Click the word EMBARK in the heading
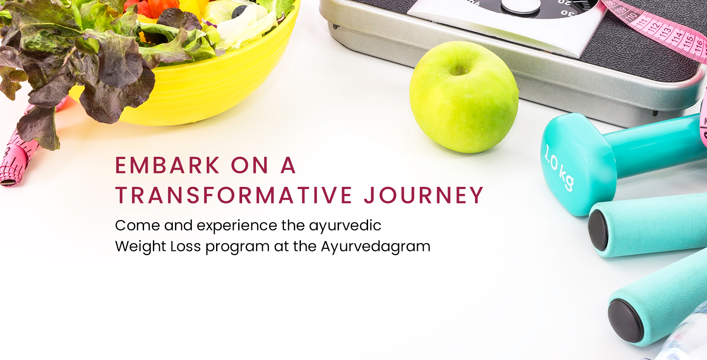tap(167, 165)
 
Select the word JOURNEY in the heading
tap(424, 195)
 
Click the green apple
tap(464, 97)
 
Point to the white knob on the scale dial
tap(521, 5)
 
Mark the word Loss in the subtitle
tap(186, 246)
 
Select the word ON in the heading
tap(250, 165)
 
